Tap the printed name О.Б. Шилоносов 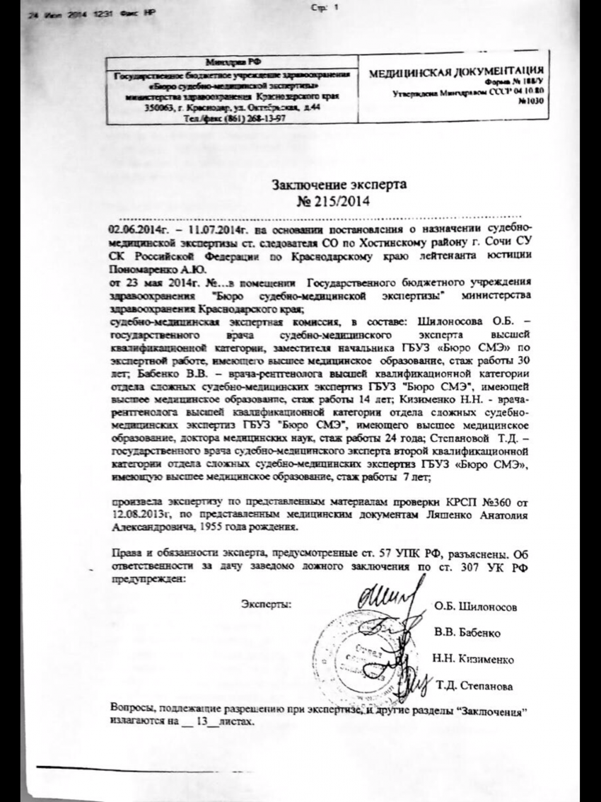click(x=477, y=607)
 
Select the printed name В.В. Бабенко click(x=469, y=631)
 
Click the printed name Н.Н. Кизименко click(x=473, y=659)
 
